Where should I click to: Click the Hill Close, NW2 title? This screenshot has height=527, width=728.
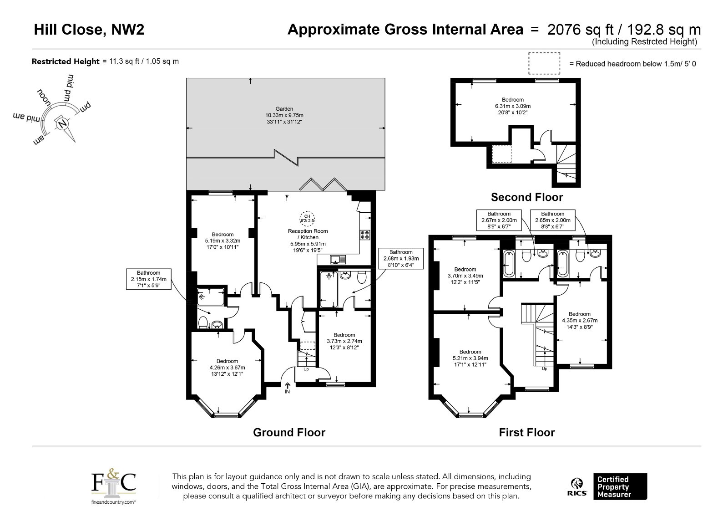tap(89, 30)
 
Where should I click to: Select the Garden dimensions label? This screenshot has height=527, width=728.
tap(284, 116)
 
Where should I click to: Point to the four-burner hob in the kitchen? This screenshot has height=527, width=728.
tap(364, 235)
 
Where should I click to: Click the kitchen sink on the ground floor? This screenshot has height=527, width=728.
tap(338, 260)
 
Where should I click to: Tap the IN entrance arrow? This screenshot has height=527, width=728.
tap(287, 388)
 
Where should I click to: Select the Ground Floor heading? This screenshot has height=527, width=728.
tap(289, 432)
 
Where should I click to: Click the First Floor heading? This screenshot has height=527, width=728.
tap(527, 432)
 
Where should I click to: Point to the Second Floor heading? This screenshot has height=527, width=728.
tap(527, 197)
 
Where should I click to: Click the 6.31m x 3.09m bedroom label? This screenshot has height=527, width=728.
tap(513, 106)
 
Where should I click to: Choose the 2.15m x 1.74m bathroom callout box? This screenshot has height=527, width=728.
tap(148, 279)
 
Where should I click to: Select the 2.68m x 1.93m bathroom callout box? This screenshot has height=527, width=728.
tap(401, 258)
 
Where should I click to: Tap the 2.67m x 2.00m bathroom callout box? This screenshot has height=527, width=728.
tap(499, 220)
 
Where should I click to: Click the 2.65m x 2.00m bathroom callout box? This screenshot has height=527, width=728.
tap(552, 220)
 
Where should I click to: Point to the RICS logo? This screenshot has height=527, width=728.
tap(577, 486)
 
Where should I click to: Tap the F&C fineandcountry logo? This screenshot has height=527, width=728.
tap(113, 486)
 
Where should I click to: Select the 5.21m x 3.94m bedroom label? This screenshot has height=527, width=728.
tap(470, 358)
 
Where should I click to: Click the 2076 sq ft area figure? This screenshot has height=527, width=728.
tap(580, 30)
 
